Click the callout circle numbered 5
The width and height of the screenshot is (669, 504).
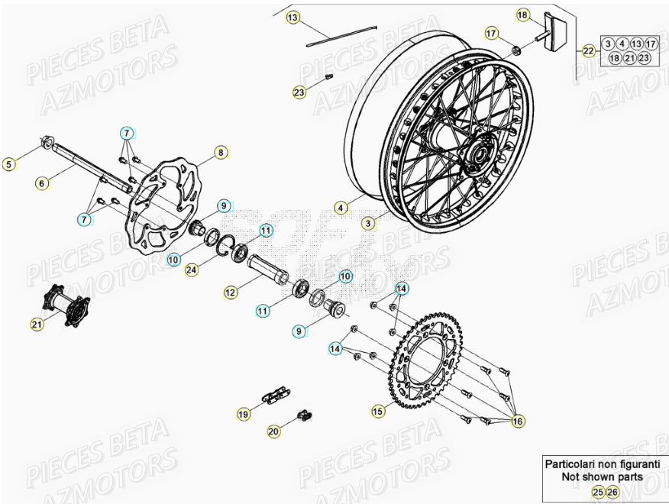9,163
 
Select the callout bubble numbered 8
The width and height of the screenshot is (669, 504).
220,153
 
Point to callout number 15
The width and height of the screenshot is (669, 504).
378,411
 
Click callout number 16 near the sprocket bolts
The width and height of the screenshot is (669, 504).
518,420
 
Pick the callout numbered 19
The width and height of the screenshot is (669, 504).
244,415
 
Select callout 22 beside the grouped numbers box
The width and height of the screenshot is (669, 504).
588,51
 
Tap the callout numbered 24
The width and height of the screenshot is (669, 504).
191,268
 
